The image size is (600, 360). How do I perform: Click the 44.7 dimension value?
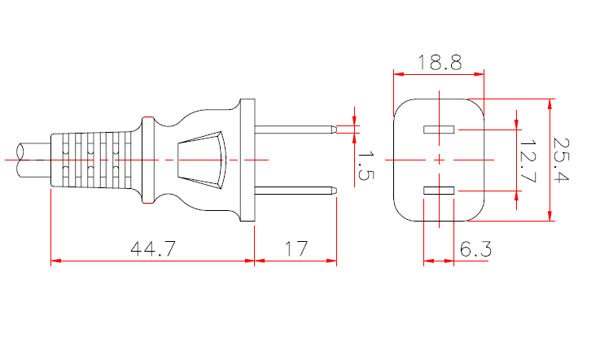(x=153, y=249)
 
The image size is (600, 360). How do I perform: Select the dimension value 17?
(x=296, y=249)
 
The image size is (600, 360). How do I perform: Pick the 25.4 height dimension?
(x=563, y=160)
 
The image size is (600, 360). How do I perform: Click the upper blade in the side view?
(x=295, y=129)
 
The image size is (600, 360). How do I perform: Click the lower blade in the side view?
(x=295, y=191)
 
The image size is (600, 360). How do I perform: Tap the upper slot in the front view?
(x=439, y=130)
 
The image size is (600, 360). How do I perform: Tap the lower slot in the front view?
(x=439, y=191)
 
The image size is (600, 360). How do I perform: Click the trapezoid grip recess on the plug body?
(x=200, y=160)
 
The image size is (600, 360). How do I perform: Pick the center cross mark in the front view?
(x=440, y=160)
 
